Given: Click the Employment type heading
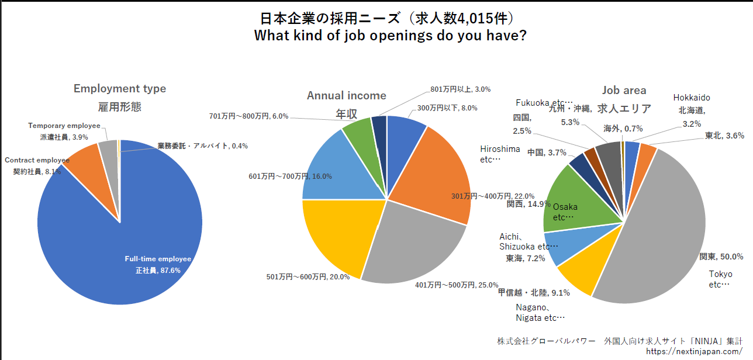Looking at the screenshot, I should point(120,89).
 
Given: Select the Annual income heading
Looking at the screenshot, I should point(347,95).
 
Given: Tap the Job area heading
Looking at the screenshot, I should point(624,90).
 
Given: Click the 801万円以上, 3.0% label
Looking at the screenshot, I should point(460,89).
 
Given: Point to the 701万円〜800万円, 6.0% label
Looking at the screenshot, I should point(249,116).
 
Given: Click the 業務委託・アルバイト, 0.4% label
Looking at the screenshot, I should point(202,146).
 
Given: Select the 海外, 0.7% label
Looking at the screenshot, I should point(623,129).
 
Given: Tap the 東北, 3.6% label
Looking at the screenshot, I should point(724,136).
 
